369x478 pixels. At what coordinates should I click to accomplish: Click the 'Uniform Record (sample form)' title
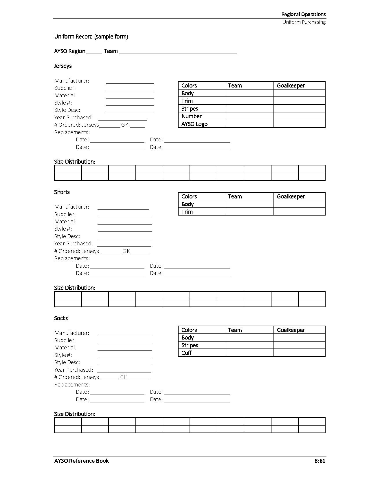click(91, 37)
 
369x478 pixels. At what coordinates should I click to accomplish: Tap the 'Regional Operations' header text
click(303, 14)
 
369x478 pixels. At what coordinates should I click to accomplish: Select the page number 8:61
click(320, 461)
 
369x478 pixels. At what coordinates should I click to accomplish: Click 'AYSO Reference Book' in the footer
click(82, 461)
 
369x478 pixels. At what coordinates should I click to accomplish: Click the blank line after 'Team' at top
click(178, 52)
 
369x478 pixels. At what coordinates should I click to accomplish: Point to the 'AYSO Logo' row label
click(194, 124)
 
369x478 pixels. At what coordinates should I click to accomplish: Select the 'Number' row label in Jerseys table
click(192, 116)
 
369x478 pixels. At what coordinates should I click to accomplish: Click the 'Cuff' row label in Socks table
click(187, 353)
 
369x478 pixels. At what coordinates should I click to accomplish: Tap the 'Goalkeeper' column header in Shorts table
click(291, 196)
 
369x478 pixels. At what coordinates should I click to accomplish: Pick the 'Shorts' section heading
click(62, 192)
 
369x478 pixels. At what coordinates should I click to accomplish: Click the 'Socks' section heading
click(61, 318)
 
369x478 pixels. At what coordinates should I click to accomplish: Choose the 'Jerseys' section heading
click(63, 66)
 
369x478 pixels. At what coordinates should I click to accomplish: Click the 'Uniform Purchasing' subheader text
click(304, 22)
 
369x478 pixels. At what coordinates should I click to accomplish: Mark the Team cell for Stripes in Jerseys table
click(249, 109)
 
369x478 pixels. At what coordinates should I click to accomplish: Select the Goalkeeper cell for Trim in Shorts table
click(300, 212)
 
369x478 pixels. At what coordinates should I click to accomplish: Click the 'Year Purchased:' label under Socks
click(74, 370)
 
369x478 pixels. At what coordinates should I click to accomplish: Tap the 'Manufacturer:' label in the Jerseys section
click(72, 81)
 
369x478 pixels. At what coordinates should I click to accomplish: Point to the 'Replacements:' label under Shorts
click(72, 258)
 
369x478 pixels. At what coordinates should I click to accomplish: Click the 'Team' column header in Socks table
click(235, 330)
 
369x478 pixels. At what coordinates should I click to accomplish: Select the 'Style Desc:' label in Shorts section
click(67, 236)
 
